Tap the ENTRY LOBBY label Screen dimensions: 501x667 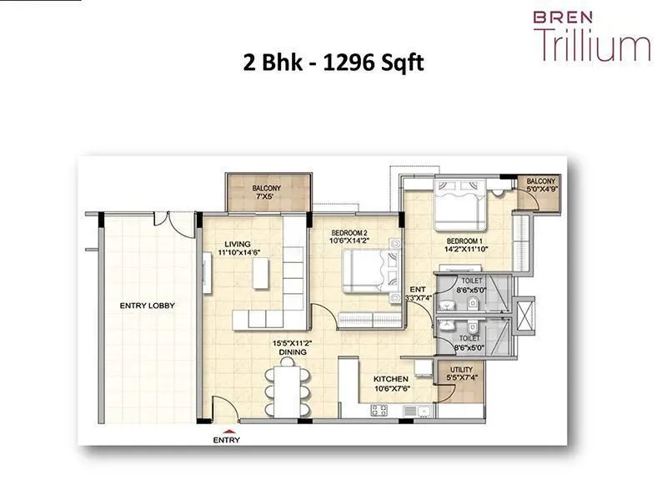[147, 306]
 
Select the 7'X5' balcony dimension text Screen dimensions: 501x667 [267, 198]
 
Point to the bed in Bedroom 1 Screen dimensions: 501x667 [458, 206]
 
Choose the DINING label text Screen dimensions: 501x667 [293, 352]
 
